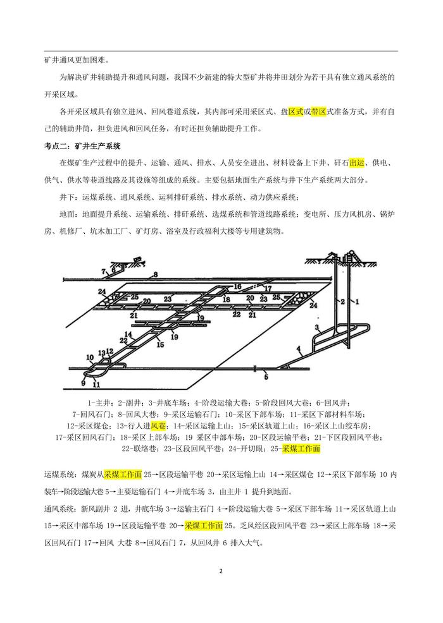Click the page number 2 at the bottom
(221, 571)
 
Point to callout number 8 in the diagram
(153, 274)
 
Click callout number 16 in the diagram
(237, 286)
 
